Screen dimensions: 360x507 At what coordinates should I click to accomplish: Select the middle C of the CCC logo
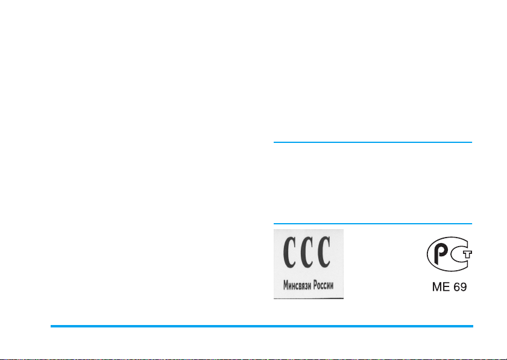pyautogui.click(x=306, y=254)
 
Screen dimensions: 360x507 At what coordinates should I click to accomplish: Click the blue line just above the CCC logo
pyautogui.click(x=373, y=224)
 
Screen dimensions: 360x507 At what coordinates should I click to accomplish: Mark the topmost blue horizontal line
pyautogui.click(x=373, y=143)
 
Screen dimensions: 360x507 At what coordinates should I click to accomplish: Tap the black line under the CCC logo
pyautogui.click(x=308, y=298)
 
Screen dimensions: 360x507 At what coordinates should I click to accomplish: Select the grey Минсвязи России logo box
pyautogui.click(x=308, y=264)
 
